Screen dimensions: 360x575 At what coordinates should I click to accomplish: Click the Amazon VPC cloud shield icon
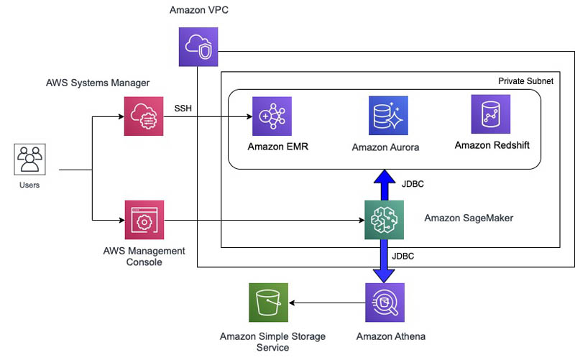198,48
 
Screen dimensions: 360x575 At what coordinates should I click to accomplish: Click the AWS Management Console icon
144,221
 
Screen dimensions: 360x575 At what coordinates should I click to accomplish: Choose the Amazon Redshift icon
491,114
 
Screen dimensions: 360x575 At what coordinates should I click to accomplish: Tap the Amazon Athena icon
385,303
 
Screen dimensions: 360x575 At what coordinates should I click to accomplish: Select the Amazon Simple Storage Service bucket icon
267,303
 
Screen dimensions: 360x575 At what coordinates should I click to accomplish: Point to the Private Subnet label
525,81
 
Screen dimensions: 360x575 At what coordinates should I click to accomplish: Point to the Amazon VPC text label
198,10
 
